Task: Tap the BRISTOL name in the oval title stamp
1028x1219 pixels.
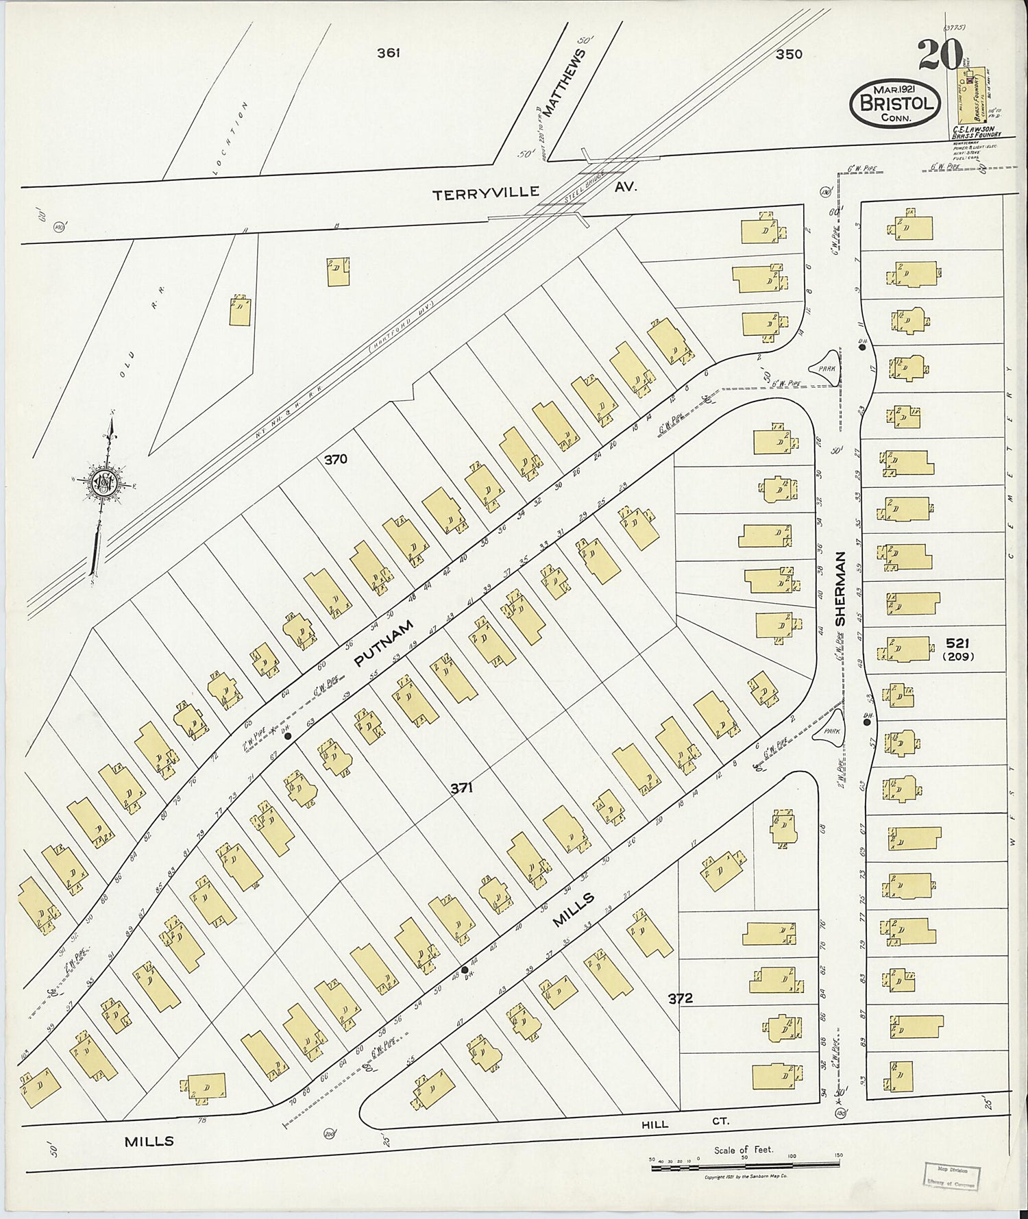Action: (895, 103)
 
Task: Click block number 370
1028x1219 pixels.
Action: (336, 460)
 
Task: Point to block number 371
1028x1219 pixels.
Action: (461, 789)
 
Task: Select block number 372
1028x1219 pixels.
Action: (681, 998)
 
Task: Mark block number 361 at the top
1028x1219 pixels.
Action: (388, 53)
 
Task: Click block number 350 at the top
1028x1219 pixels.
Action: (788, 54)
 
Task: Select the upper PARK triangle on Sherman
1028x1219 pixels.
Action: (826, 367)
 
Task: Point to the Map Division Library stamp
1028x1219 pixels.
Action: (951, 1172)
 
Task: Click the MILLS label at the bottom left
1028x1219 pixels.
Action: (148, 1141)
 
